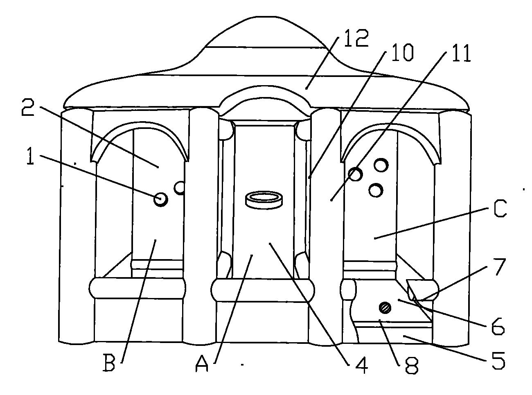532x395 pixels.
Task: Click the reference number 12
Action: tap(356, 38)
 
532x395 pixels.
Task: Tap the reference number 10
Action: tap(402, 52)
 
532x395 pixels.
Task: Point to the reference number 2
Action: tap(28, 108)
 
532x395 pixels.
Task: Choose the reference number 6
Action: tap(498, 326)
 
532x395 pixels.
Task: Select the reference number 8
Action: tap(412, 365)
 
